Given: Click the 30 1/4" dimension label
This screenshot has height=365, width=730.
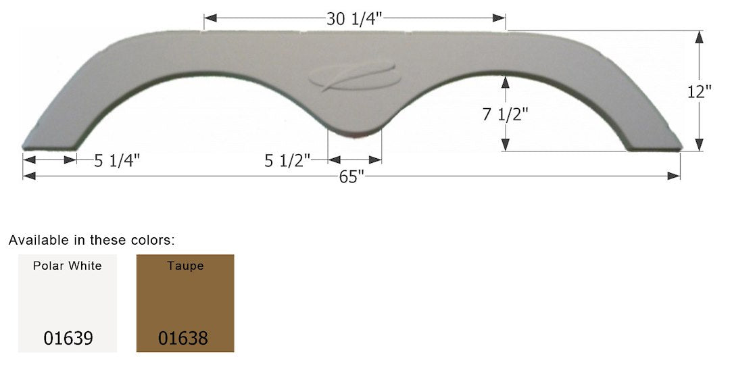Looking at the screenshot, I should pyautogui.click(x=355, y=19).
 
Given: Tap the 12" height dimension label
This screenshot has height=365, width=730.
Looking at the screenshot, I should pyautogui.click(x=700, y=92).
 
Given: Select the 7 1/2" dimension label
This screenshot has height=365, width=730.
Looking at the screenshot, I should pyautogui.click(x=505, y=114).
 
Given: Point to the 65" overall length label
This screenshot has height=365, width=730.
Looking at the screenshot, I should pyautogui.click(x=351, y=177).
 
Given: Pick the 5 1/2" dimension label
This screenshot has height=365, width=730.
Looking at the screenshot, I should pyautogui.click(x=287, y=160).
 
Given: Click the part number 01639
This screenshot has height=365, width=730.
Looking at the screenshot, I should pyautogui.click(x=68, y=338).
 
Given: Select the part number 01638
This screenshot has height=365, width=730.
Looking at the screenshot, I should pyautogui.click(x=182, y=338).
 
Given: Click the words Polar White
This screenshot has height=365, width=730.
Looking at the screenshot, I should pyautogui.click(x=68, y=266).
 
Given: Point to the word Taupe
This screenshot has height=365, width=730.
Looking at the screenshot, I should pyautogui.click(x=185, y=266).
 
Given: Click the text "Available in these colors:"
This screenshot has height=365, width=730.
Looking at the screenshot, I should pyautogui.click(x=91, y=240).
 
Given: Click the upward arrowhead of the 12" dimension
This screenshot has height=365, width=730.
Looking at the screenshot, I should pyautogui.click(x=700, y=38).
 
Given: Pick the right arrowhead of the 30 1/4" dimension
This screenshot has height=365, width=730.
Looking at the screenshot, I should pyautogui.click(x=500, y=18).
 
